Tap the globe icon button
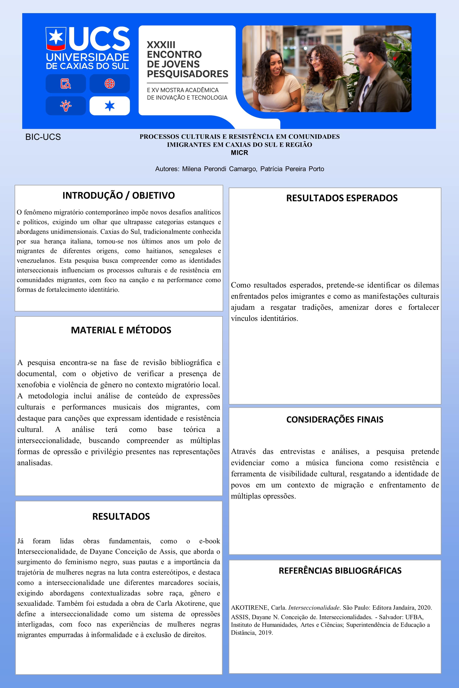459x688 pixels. pos(109,84)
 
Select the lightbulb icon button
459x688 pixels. pos(66,106)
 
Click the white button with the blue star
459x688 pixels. pos(109,106)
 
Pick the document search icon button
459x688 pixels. pos(66,84)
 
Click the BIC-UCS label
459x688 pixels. pos(43,137)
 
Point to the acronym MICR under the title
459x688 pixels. pos(239,153)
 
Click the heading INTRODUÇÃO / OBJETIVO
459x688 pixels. pos(119,195)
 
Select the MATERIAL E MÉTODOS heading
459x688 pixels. pos(121,330)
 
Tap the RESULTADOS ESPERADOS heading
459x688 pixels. pos(342,198)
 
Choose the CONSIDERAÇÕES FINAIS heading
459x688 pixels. pos(335,419)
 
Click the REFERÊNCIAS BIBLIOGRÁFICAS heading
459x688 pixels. pos(340,570)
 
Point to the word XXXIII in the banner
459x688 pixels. pos(161,45)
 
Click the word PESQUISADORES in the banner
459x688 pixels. pos(187,74)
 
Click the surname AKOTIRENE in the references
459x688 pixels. pos(249,608)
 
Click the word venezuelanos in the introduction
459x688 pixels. pos(36,261)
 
